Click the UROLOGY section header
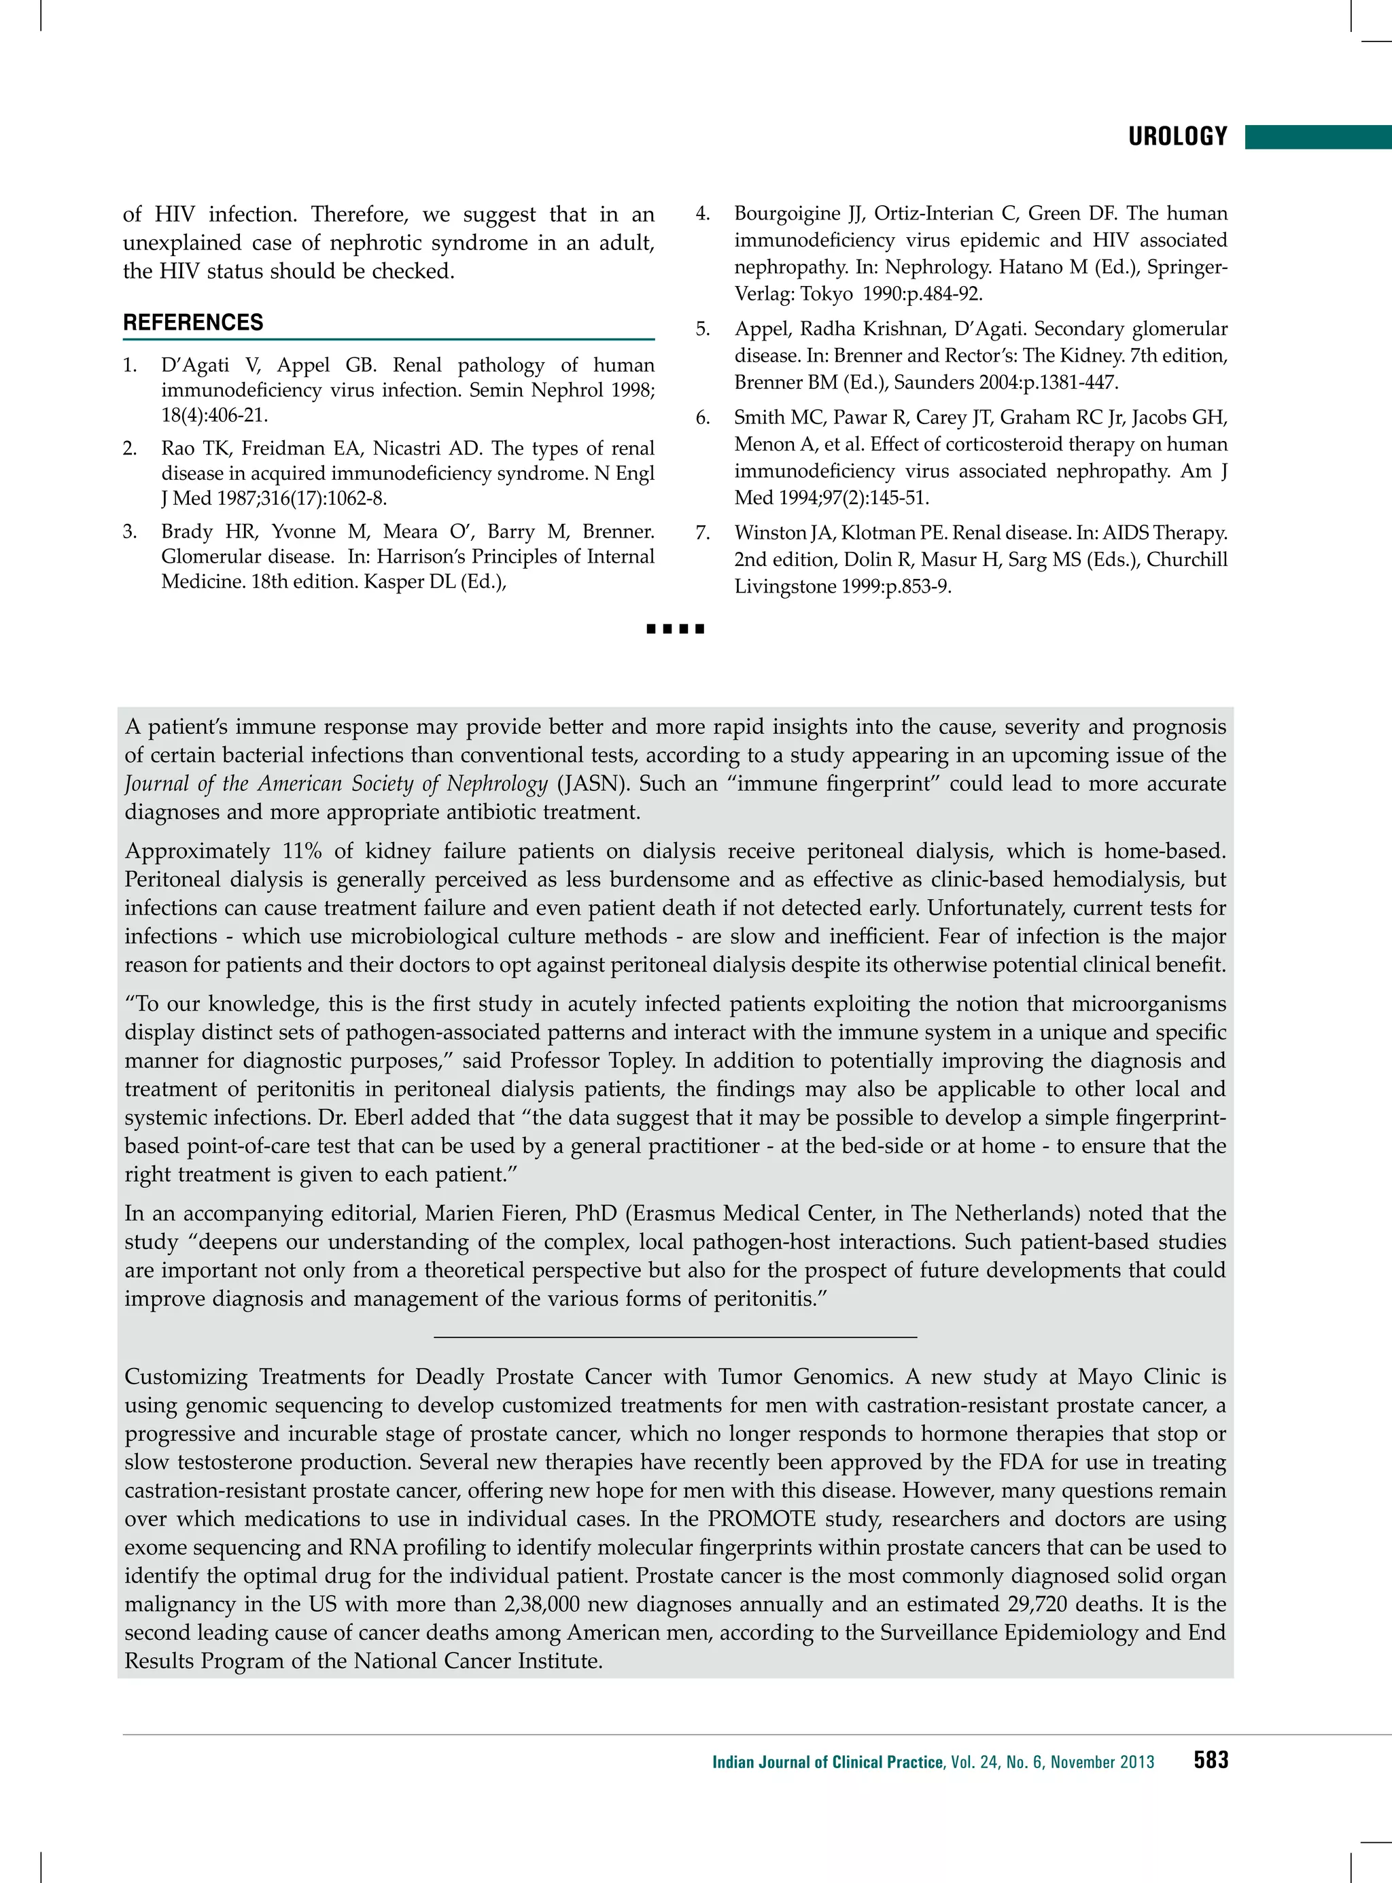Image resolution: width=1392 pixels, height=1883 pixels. [x=1177, y=137]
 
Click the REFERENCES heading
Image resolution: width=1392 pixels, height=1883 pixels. [x=193, y=323]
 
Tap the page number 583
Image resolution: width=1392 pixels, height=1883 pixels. [x=1211, y=1760]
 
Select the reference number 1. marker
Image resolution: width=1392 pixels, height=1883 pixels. [x=130, y=365]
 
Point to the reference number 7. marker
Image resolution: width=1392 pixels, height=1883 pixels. [x=703, y=533]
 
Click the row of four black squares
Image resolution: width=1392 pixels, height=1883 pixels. [x=675, y=629]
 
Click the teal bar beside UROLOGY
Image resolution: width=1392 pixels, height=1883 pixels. [x=1318, y=137]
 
